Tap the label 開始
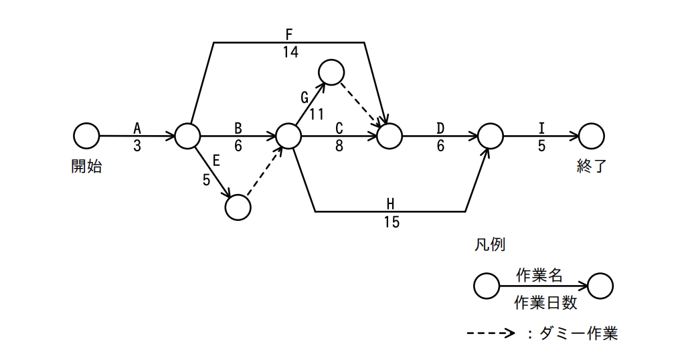pyautogui.click(x=86, y=166)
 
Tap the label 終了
pyautogui.click(x=592, y=166)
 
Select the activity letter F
pyautogui.click(x=288, y=35)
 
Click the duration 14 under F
pyautogui.click(x=290, y=52)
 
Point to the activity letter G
pyautogui.click(x=305, y=97)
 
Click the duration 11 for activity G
pyautogui.click(x=317, y=114)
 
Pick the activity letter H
pyautogui.click(x=390, y=204)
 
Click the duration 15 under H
pyautogui.click(x=392, y=222)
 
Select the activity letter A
pyautogui.click(x=137, y=128)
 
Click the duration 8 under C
pyautogui.click(x=339, y=146)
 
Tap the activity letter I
pyautogui.click(x=541, y=128)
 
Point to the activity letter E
pyautogui.click(x=216, y=161)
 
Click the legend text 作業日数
pyautogui.click(x=545, y=303)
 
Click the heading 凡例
pyautogui.click(x=490, y=244)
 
